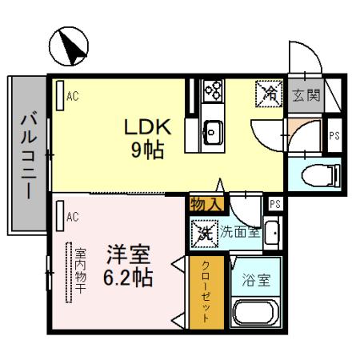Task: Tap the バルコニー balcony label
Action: (x=27, y=155)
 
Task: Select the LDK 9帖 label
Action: (x=147, y=138)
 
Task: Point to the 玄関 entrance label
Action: (x=306, y=95)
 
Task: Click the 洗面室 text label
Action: (x=240, y=233)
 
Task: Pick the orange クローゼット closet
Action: (x=205, y=293)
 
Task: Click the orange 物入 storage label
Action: (x=205, y=204)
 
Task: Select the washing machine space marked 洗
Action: (x=203, y=234)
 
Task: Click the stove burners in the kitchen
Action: (x=214, y=90)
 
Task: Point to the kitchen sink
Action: (x=214, y=129)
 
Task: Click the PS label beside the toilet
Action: (x=334, y=137)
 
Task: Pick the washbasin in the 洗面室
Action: (x=272, y=234)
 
